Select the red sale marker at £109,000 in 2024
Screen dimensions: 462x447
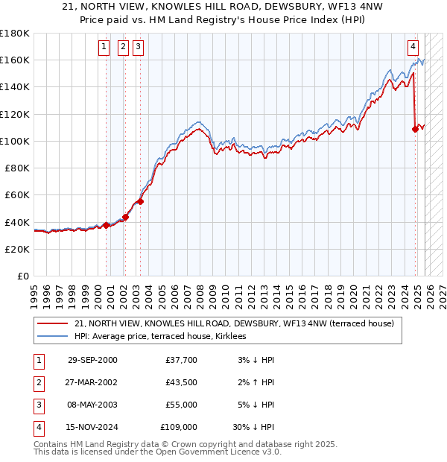415,129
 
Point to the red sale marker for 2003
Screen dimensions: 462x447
140,201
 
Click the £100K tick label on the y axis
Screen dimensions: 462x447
15,141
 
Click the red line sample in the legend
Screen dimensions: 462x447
53,323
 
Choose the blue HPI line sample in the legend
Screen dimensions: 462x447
53,336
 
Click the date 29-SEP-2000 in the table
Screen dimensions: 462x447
92,360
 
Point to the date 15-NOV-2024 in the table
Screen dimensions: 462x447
92,428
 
